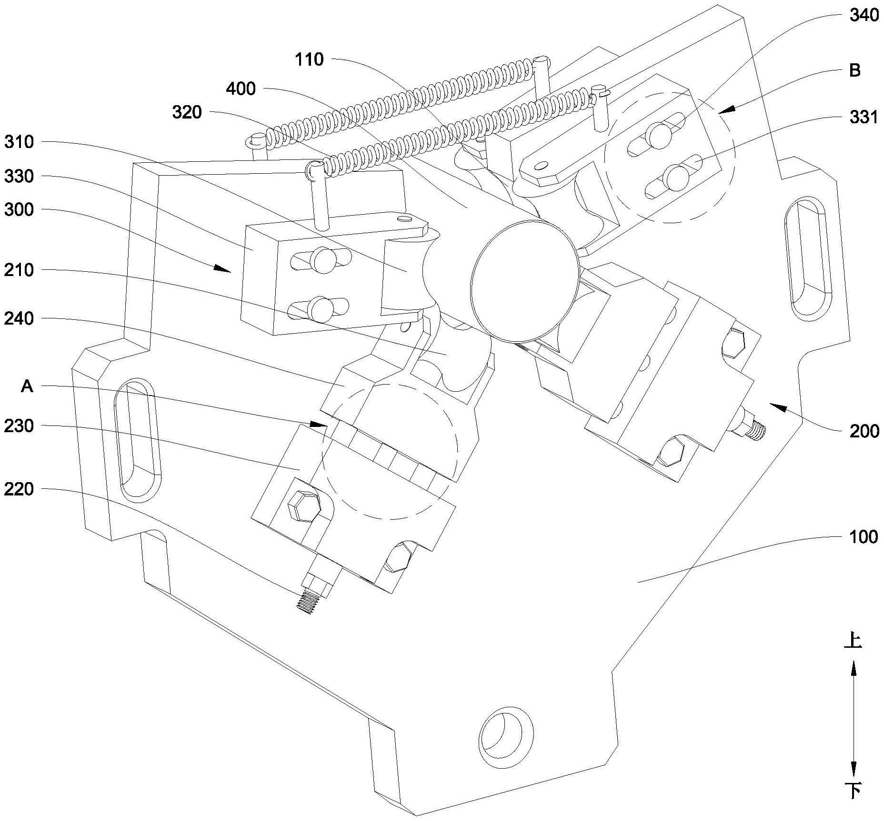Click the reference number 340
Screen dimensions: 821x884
(x=864, y=16)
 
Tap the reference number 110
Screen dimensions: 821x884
(x=309, y=60)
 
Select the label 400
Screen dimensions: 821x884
(x=241, y=89)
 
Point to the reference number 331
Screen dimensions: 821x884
(x=864, y=117)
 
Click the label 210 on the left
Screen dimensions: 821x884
(x=19, y=270)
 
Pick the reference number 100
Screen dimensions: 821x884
(x=864, y=537)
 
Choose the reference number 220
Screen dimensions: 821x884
(x=19, y=489)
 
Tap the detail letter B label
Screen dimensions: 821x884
(x=854, y=70)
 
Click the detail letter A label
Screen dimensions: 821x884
(x=27, y=386)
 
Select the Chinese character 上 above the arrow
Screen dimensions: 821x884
(x=852, y=641)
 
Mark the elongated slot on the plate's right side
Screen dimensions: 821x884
(x=808, y=257)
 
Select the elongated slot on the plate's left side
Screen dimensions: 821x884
(x=137, y=440)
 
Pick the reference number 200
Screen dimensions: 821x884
(x=864, y=431)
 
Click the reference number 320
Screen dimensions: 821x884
(x=187, y=113)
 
